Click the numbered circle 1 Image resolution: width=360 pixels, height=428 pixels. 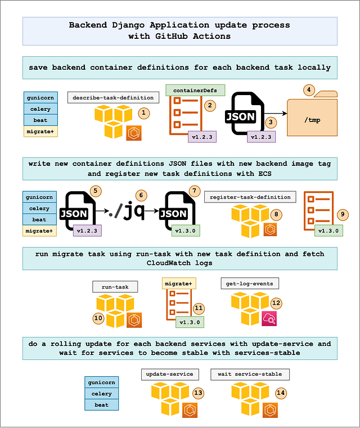(144, 113)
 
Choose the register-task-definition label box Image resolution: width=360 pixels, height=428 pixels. (250, 197)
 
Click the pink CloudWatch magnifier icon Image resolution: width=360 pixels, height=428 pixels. (268, 320)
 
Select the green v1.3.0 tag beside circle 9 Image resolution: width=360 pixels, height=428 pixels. (328, 230)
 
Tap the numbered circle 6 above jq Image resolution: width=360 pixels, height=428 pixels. (141, 195)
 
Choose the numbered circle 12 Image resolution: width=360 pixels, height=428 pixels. (276, 303)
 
